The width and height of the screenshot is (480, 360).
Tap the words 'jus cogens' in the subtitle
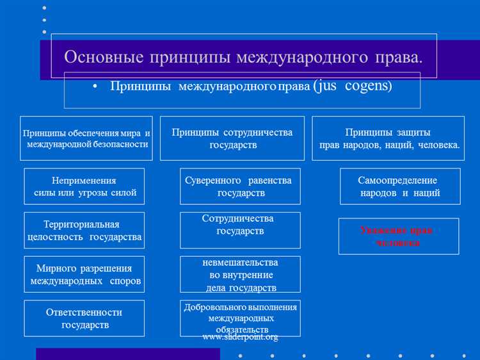pyautogui.click(x=353, y=85)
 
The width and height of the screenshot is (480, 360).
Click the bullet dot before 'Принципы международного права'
pyautogui.click(x=94, y=86)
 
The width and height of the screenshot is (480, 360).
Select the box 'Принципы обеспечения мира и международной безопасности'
pyautogui.click(x=86, y=138)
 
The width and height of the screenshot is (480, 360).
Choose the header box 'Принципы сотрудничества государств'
pyautogui.click(x=232, y=138)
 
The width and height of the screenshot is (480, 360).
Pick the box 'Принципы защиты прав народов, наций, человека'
pyautogui.click(x=388, y=138)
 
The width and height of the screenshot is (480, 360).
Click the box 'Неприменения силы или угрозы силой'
pyautogui.click(x=84, y=186)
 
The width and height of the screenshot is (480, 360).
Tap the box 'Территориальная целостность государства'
pyautogui.click(x=84, y=231)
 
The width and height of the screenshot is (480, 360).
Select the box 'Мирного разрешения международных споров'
pyautogui.click(x=84, y=275)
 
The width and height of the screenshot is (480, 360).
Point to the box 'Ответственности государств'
pyautogui.click(x=84, y=318)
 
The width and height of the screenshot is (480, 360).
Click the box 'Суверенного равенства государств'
pyautogui.click(x=240, y=186)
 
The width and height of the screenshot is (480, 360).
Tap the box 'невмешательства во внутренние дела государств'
pyautogui.click(x=240, y=275)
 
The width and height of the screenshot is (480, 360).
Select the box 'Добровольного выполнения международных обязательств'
pyautogui.click(x=240, y=318)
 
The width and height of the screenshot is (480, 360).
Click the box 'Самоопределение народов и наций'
pyautogui.click(x=399, y=186)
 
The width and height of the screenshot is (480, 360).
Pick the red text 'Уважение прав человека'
pyautogui.click(x=398, y=236)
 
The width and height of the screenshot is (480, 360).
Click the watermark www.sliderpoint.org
pyautogui.click(x=240, y=337)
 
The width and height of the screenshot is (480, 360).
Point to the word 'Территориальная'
pyautogui.click(x=81, y=224)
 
